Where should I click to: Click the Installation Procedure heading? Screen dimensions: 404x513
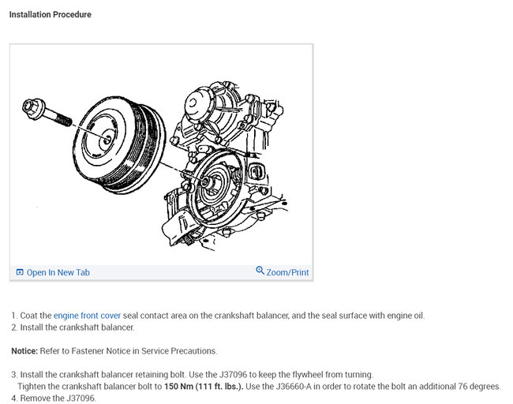click(x=50, y=14)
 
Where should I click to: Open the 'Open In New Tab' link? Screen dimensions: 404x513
click(x=58, y=272)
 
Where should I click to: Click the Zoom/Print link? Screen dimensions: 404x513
click(x=287, y=272)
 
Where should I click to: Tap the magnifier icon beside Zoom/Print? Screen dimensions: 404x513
click(x=260, y=271)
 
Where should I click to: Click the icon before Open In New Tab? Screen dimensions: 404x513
click(x=20, y=272)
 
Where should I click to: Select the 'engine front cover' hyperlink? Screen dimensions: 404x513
click(x=87, y=316)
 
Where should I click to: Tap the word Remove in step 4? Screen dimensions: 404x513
click(x=36, y=398)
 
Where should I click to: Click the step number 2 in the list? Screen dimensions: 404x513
click(x=14, y=327)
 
